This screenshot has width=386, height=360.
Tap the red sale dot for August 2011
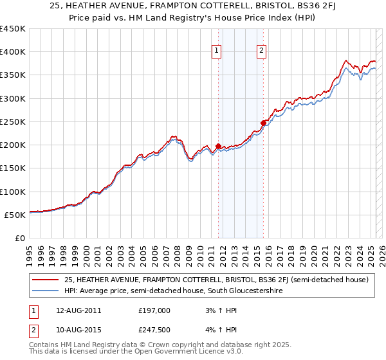click(x=218, y=146)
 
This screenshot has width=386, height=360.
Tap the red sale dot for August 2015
click(x=264, y=123)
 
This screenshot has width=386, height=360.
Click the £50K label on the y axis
click(x=15, y=215)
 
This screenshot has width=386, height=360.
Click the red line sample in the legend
click(x=46, y=280)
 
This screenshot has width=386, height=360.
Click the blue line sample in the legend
click(x=46, y=291)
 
